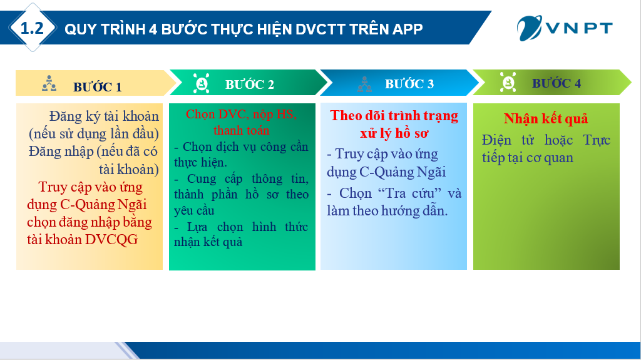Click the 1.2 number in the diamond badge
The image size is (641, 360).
pyautogui.click(x=32, y=28)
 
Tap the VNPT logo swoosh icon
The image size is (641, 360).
pyautogui.click(x=530, y=28)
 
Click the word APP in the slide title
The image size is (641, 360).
pyautogui.click(x=407, y=29)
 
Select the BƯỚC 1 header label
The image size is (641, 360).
pyautogui.click(x=97, y=87)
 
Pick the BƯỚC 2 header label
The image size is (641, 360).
pyautogui.click(x=249, y=85)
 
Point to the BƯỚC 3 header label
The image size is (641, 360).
pyautogui.click(x=409, y=84)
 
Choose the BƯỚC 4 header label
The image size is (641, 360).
pyautogui.click(x=556, y=83)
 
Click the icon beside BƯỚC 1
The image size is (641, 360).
pyautogui.click(x=49, y=83)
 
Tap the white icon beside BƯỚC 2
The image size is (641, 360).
pyautogui.click(x=201, y=83)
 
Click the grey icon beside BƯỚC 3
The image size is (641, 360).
pyautogui.click(x=365, y=85)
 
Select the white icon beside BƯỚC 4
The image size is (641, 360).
pyautogui.click(x=508, y=82)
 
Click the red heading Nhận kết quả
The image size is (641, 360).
pyautogui.click(x=546, y=118)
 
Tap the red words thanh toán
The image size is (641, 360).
pyautogui.click(x=241, y=130)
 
